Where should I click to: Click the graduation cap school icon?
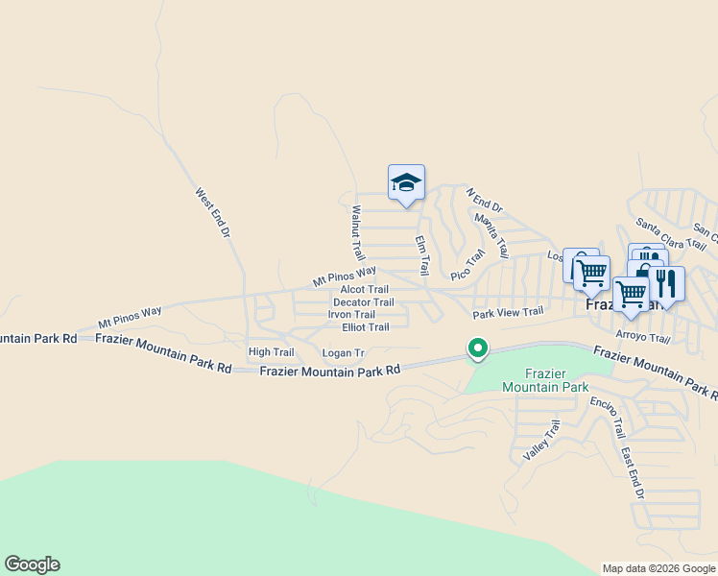[406, 182]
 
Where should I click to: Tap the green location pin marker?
[477, 348]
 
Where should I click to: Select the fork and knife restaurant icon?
[666, 283]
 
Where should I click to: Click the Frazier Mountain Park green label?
[543, 379]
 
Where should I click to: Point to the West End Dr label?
[213, 212]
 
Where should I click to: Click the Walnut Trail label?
[358, 233]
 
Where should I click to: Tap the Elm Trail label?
[420, 254]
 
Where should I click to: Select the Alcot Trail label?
[365, 289]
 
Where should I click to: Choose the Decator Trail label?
[364, 302]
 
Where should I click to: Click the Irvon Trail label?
[351, 314]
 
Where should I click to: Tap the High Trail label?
[271, 352]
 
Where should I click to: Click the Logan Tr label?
[344, 353]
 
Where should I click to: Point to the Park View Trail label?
[508, 312]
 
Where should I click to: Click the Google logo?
[32, 564]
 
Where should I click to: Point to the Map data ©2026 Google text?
[658, 568]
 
